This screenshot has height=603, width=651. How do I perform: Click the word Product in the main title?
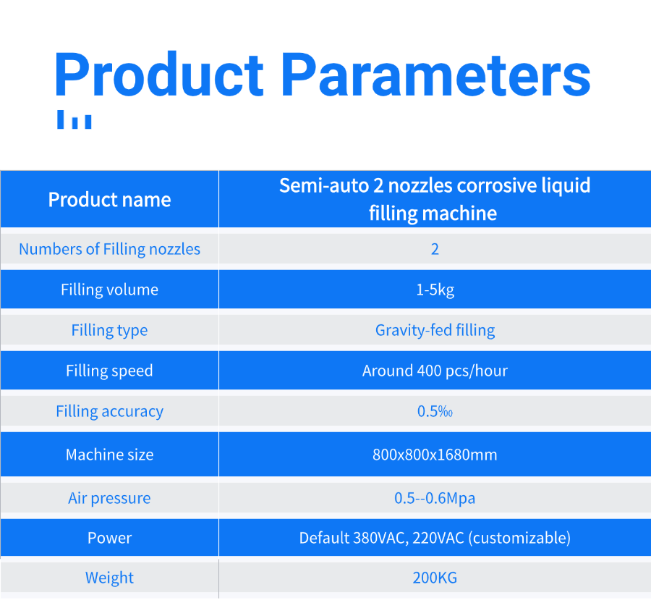point(159,75)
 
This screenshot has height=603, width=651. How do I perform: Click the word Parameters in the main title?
point(436,75)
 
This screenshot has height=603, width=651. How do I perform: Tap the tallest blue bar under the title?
point(60,119)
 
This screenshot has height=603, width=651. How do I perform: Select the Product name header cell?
point(110,200)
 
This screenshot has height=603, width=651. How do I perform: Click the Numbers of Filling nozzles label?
point(110,249)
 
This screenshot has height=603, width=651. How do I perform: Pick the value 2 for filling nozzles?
point(435,249)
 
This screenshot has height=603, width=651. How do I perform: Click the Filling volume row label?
point(110,290)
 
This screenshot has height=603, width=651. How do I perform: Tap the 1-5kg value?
point(435,290)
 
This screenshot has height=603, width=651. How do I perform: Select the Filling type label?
point(110,330)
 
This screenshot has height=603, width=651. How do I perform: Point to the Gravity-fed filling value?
point(435,330)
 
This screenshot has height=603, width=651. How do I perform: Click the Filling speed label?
point(110,371)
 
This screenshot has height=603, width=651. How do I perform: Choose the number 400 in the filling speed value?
point(429,371)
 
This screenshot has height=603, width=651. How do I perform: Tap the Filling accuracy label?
point(110,411)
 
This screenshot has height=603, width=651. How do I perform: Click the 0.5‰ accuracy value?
point(435,411)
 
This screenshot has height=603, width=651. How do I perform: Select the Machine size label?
point(110,454)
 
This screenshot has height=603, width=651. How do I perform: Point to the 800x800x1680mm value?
point(435,455)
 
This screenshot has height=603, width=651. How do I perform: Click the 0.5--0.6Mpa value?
point(435,498)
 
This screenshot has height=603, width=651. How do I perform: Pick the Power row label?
point(110,538)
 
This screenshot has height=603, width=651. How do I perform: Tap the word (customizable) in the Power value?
point(519,538)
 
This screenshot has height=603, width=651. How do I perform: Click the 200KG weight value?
point(435,578)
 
